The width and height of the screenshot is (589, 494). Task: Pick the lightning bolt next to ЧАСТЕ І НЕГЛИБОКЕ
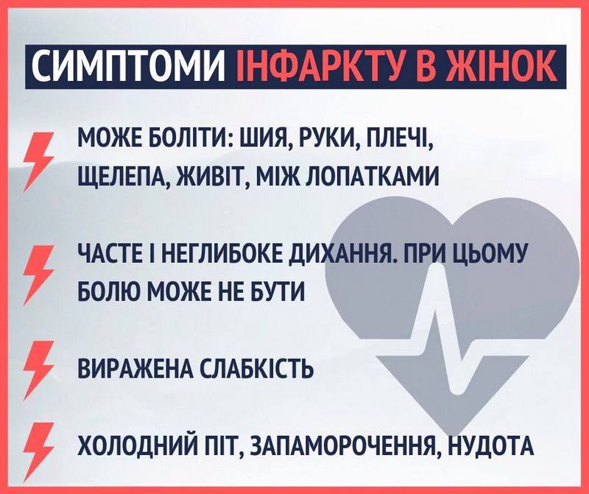coord(38,272)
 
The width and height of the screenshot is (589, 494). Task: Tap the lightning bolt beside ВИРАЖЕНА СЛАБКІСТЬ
coord(38,368)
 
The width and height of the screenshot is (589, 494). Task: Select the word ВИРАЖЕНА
coord(135,369)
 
